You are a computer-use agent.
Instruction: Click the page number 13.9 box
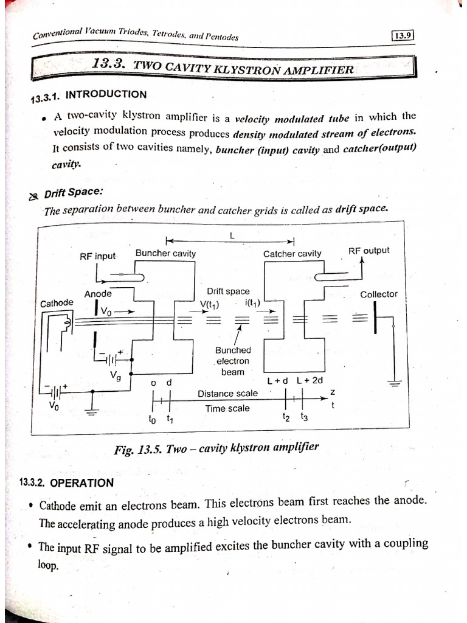point(403,35)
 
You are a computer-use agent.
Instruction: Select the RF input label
point(97,256)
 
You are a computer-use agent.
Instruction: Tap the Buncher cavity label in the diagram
point(165,253)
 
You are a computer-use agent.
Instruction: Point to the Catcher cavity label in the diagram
point(292,254)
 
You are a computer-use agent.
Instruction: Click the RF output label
point(368,251)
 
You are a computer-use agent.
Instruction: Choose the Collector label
point(378,294)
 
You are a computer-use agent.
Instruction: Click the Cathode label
point(57,303)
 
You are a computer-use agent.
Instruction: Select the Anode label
point(98,294)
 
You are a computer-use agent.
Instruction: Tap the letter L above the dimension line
point(232,235)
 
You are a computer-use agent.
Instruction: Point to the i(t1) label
point(252,303)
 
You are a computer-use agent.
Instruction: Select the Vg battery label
point(115,377)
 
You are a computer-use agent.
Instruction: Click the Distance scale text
point(227,394)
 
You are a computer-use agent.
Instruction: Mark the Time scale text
point(227,408)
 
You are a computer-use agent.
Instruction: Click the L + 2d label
point(310,380)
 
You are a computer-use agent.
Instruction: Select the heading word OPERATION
point(81,483)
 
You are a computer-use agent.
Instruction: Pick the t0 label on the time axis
point(152,419)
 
